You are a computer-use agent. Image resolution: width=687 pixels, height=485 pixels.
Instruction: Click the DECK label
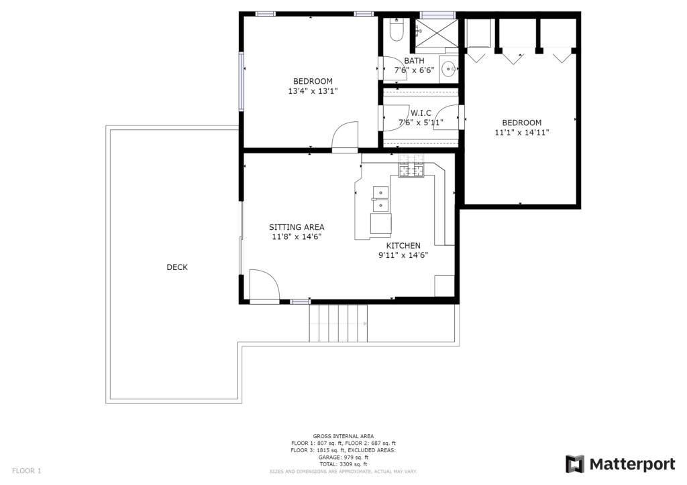click(x=177, y=267)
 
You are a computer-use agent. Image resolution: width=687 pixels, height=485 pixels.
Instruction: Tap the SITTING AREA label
click(x=297, y=227)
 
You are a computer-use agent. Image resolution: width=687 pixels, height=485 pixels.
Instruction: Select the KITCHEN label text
click(x=403, y=246)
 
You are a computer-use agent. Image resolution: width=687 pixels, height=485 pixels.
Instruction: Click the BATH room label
click(x=414, y=61)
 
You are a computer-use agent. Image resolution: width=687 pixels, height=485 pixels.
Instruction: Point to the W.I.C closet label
click(x=421, y=113)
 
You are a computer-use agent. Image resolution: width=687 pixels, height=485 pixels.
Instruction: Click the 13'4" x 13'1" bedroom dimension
click(x=313, y=91)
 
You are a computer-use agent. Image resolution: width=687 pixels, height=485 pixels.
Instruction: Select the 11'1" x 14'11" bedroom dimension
click(x=522, y=133)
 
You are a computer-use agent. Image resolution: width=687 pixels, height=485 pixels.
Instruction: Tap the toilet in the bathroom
click(x=397, y=29)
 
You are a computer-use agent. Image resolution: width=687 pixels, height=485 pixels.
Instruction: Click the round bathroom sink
click(x=448, y=68)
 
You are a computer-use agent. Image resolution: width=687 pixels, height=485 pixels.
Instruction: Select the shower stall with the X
click(x=436, y=33)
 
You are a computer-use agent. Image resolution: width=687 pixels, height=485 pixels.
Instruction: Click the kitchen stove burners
click(x=411, y=166)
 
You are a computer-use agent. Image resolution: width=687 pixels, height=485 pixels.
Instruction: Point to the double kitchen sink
click(x=380, y=199)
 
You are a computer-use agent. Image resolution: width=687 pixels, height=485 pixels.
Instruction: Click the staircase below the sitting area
click(x=338, y=324)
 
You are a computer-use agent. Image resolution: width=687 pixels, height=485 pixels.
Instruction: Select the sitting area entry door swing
click(x=264, y=285)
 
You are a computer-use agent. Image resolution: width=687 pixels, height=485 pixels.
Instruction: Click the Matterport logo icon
click(x=575, y=464)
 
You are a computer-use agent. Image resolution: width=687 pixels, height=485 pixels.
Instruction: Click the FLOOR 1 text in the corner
click(x=27, y=471)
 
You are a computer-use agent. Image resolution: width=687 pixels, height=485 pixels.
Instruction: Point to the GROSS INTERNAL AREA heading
click(x=343, y=436)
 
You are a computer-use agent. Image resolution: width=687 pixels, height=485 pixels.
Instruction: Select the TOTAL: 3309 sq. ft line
click(x=343, y=464)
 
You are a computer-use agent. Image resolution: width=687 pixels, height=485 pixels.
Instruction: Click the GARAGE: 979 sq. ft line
click(x=343, y=457)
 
